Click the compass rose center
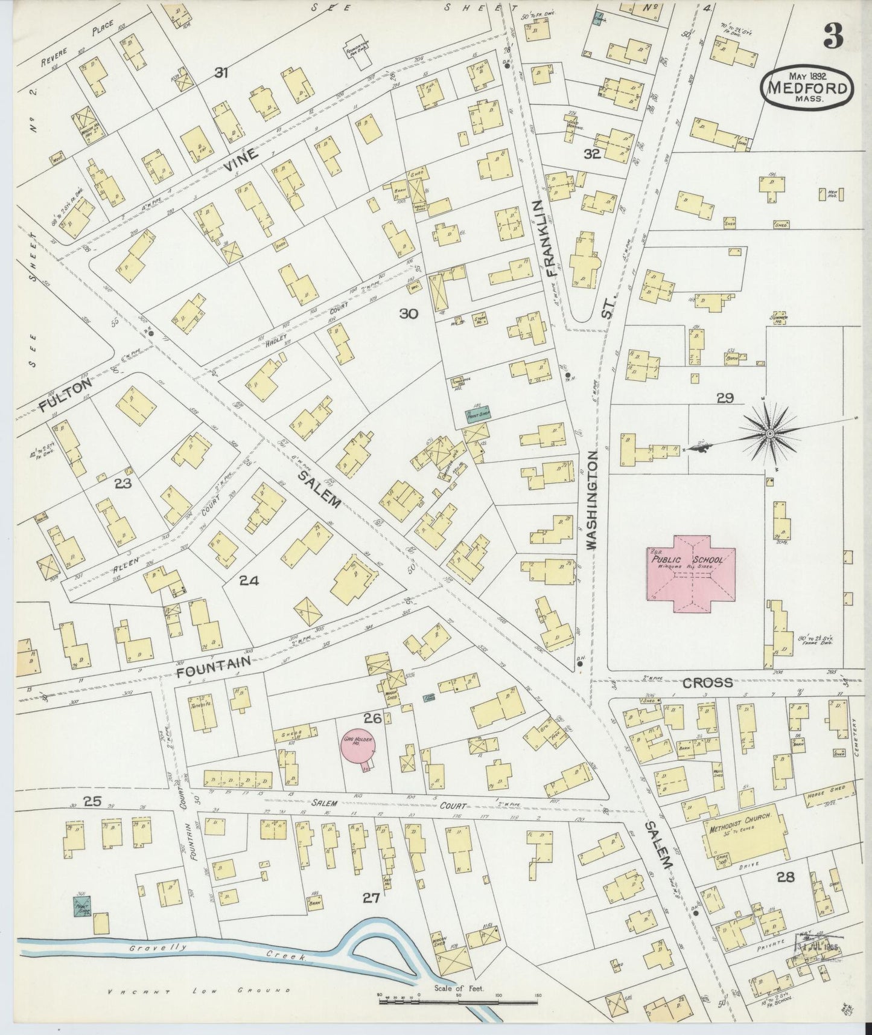[771, 434]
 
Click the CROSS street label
[707, 683]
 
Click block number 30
[409, 313]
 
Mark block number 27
[370, 898]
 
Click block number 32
[591, 153]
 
